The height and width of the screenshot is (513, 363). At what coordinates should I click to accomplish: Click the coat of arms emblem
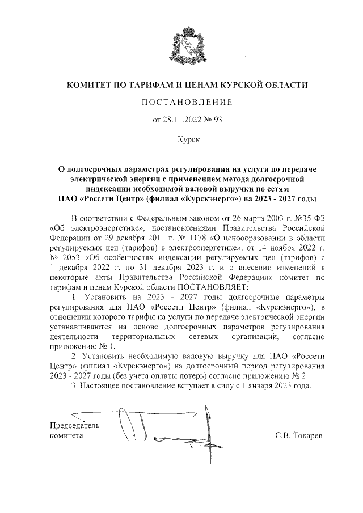[187, 46]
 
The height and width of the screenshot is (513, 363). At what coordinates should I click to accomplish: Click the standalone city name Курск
[187, 138]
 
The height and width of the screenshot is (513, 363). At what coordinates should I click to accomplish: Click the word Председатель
[74, 425]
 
